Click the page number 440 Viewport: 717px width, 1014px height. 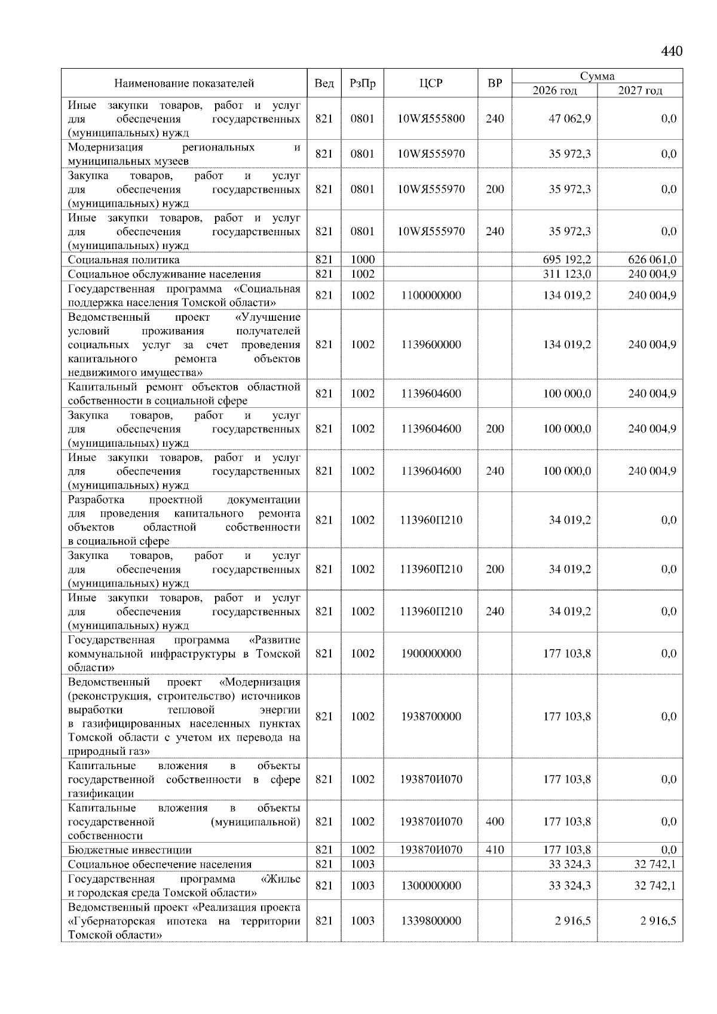pyautogui.click(x=672, y=51)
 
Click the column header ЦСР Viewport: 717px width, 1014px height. pyautogui.click(x=431, y=84)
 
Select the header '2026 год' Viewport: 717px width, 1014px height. pyautogui.click(x=554, y=91)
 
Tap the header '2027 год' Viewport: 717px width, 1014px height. pyautogui.click(x=640, y=91)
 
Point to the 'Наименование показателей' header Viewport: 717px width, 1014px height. pyautogui.click(x=184, y=84)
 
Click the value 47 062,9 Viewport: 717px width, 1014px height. pyautogui.click(x=570, y=119)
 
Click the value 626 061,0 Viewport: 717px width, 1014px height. pyautogui.click(x=652, y=260)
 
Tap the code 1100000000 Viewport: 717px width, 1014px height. pyautogui.click(x=431, y=296)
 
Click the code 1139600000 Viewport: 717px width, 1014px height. pyautogui.click(x=431, y=345)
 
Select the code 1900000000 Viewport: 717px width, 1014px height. pyautogui.click(x=431, y=654)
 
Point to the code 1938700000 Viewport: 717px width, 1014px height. pyautogui.click(x=431, y=717)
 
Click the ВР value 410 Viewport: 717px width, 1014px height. pyautogui.click(x=495, y=850)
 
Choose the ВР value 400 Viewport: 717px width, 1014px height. pyautogui.click(x=495, y=822)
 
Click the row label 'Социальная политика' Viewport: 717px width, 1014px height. pyautogui.click(x=124, y=260)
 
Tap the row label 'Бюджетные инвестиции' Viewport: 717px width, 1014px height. pyautogui.click(x=130, y=850)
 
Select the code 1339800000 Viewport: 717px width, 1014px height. pyautogui.click(x=431, y=921)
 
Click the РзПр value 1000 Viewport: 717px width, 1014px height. pyautogui.click(x=362, y=260)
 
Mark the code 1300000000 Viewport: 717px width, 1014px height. pyautogui.click(x=431, y=886)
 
